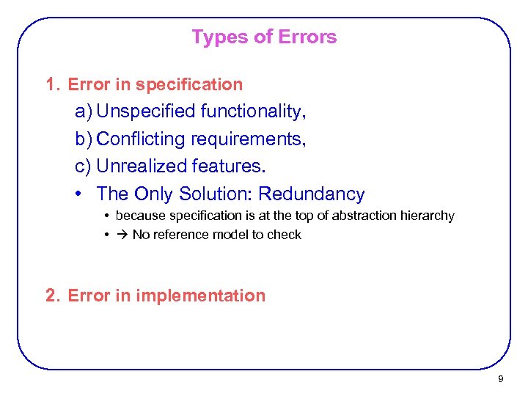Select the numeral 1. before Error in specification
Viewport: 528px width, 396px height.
51,84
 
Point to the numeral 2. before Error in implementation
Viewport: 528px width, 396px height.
51,296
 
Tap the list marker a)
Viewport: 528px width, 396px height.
83,111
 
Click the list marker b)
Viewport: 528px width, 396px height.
83,139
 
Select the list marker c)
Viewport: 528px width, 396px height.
83,166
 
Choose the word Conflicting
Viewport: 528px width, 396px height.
141,139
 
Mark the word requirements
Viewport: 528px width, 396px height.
249,139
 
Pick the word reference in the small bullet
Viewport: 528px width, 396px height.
180,235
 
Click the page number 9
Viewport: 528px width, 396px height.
500,379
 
